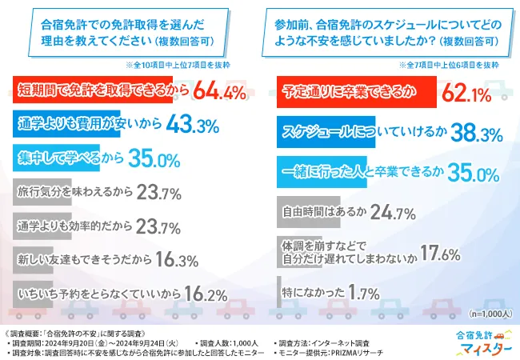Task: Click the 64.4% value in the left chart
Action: coord(217,94)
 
